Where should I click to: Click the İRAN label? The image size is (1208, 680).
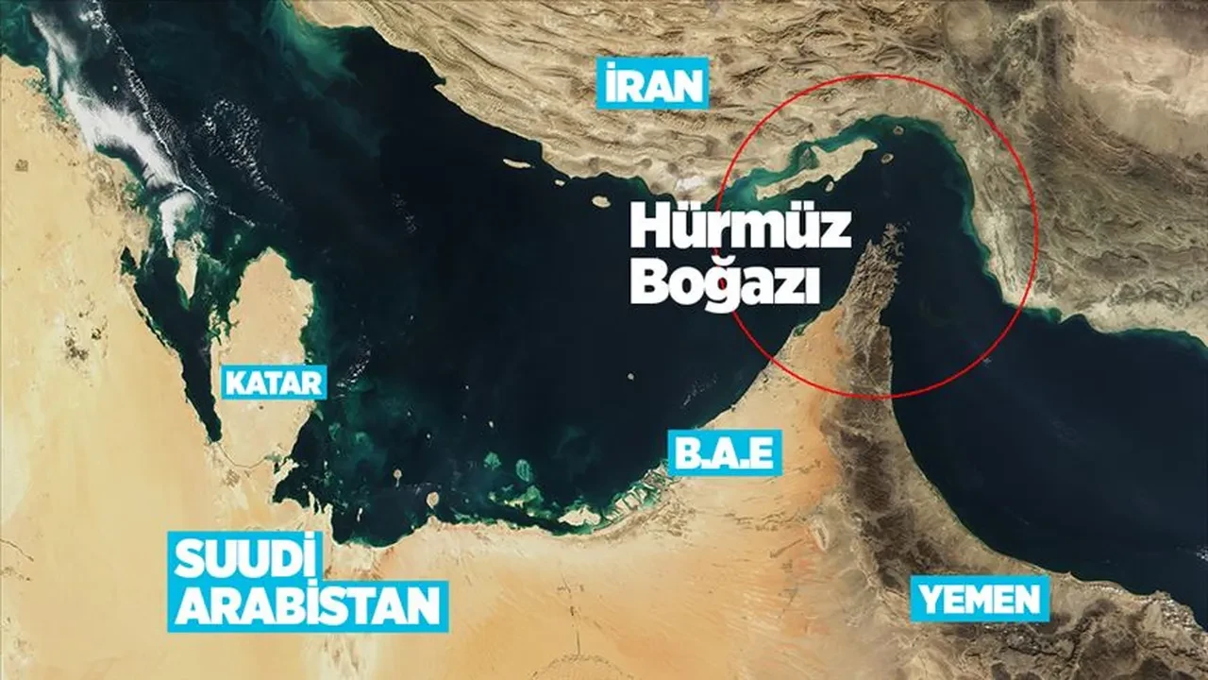coord(652,88)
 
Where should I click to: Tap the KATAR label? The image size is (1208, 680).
coord(274,382)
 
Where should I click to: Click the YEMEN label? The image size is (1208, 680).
coord(980,599)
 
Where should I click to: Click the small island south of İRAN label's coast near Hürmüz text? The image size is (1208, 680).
coord(599,200)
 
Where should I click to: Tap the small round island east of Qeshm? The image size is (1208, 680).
coord(888,159)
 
